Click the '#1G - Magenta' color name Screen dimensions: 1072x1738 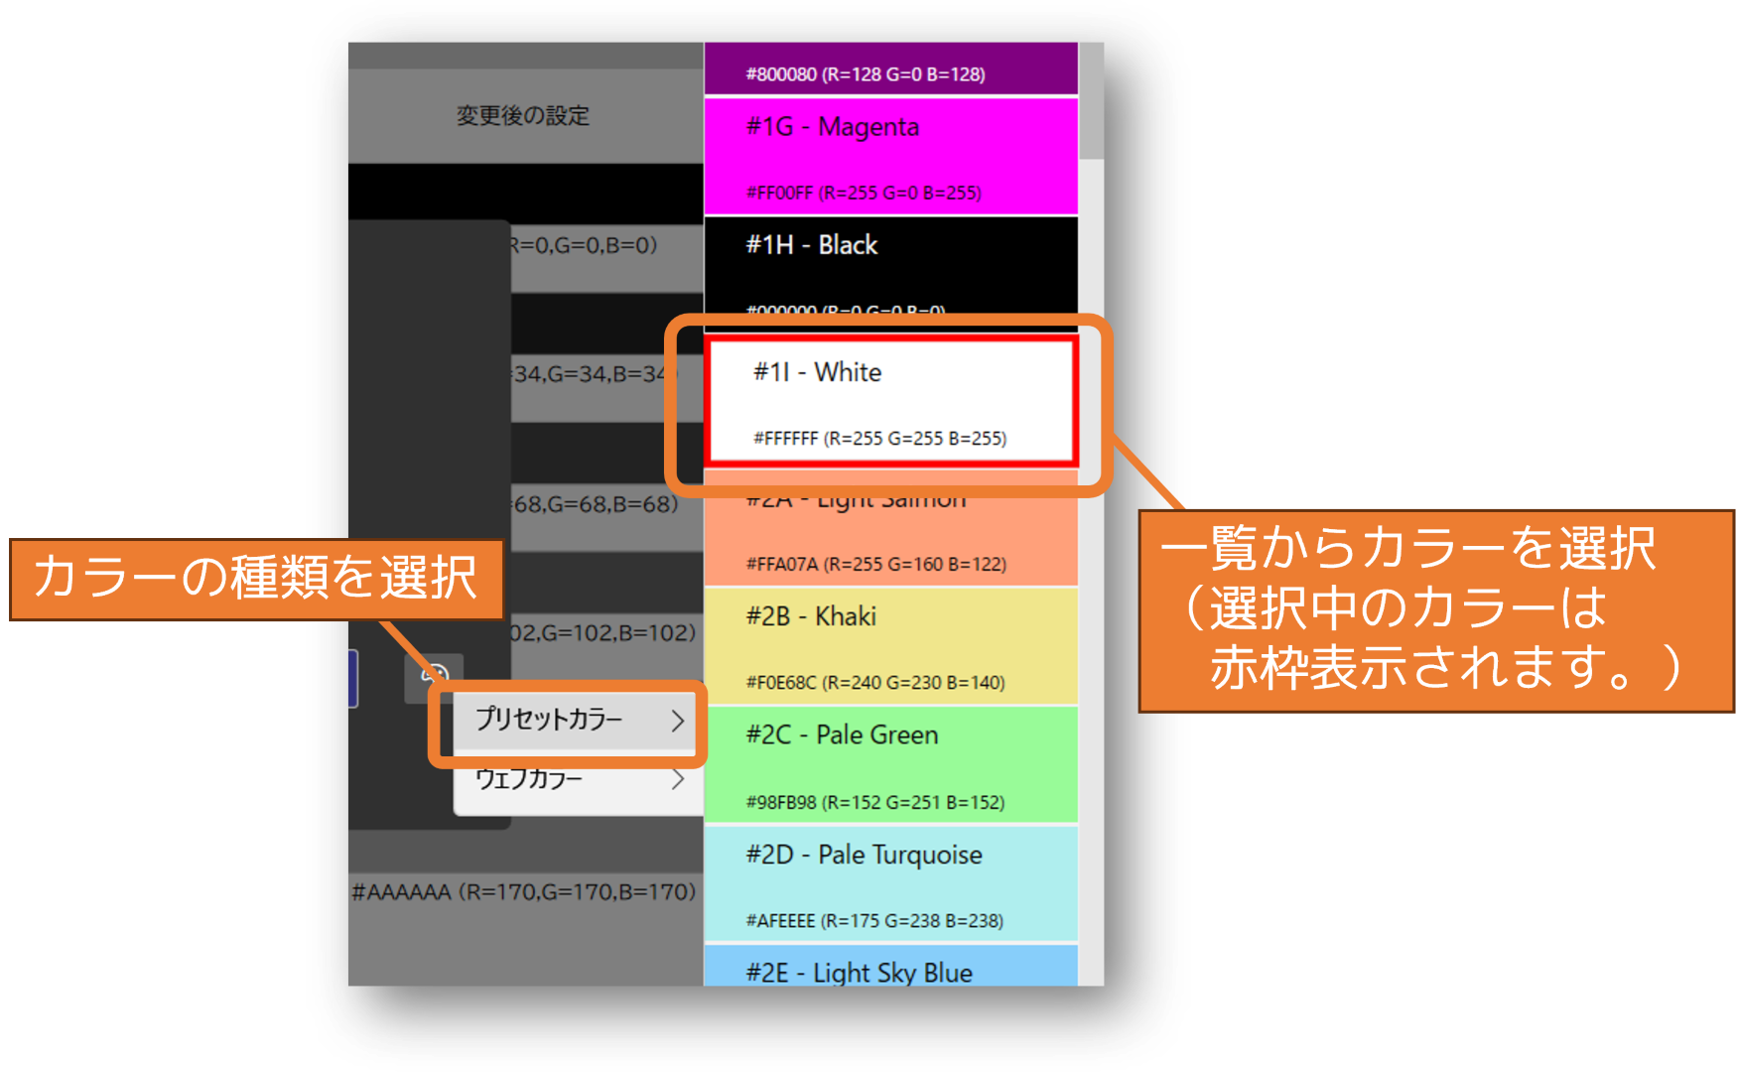[832, 128]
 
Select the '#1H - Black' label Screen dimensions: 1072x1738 [811, 245]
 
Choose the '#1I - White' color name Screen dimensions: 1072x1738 [817, 372]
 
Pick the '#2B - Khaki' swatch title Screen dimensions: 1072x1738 [811, 616]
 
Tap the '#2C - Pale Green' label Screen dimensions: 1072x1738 [842, 736]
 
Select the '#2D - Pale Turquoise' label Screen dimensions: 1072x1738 [864, 855]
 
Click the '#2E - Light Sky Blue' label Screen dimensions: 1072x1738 [859, 973]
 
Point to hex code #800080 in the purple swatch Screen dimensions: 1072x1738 [865, 74]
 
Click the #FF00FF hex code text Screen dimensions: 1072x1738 [864, 194]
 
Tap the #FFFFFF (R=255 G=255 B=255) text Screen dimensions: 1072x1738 [879, 439]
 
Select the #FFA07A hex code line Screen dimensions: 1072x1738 [875, 565]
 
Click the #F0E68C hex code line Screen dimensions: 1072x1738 [874, 683]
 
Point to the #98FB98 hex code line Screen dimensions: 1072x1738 [874, 802]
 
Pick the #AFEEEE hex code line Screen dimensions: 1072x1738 [873, 921]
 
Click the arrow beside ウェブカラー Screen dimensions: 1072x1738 [678, 779]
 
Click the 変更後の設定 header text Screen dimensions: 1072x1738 [523, 116]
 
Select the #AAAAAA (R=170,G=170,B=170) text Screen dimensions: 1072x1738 [523, 891]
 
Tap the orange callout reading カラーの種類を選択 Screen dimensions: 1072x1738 [255, 579]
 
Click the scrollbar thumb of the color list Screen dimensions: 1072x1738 [1091, 99]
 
